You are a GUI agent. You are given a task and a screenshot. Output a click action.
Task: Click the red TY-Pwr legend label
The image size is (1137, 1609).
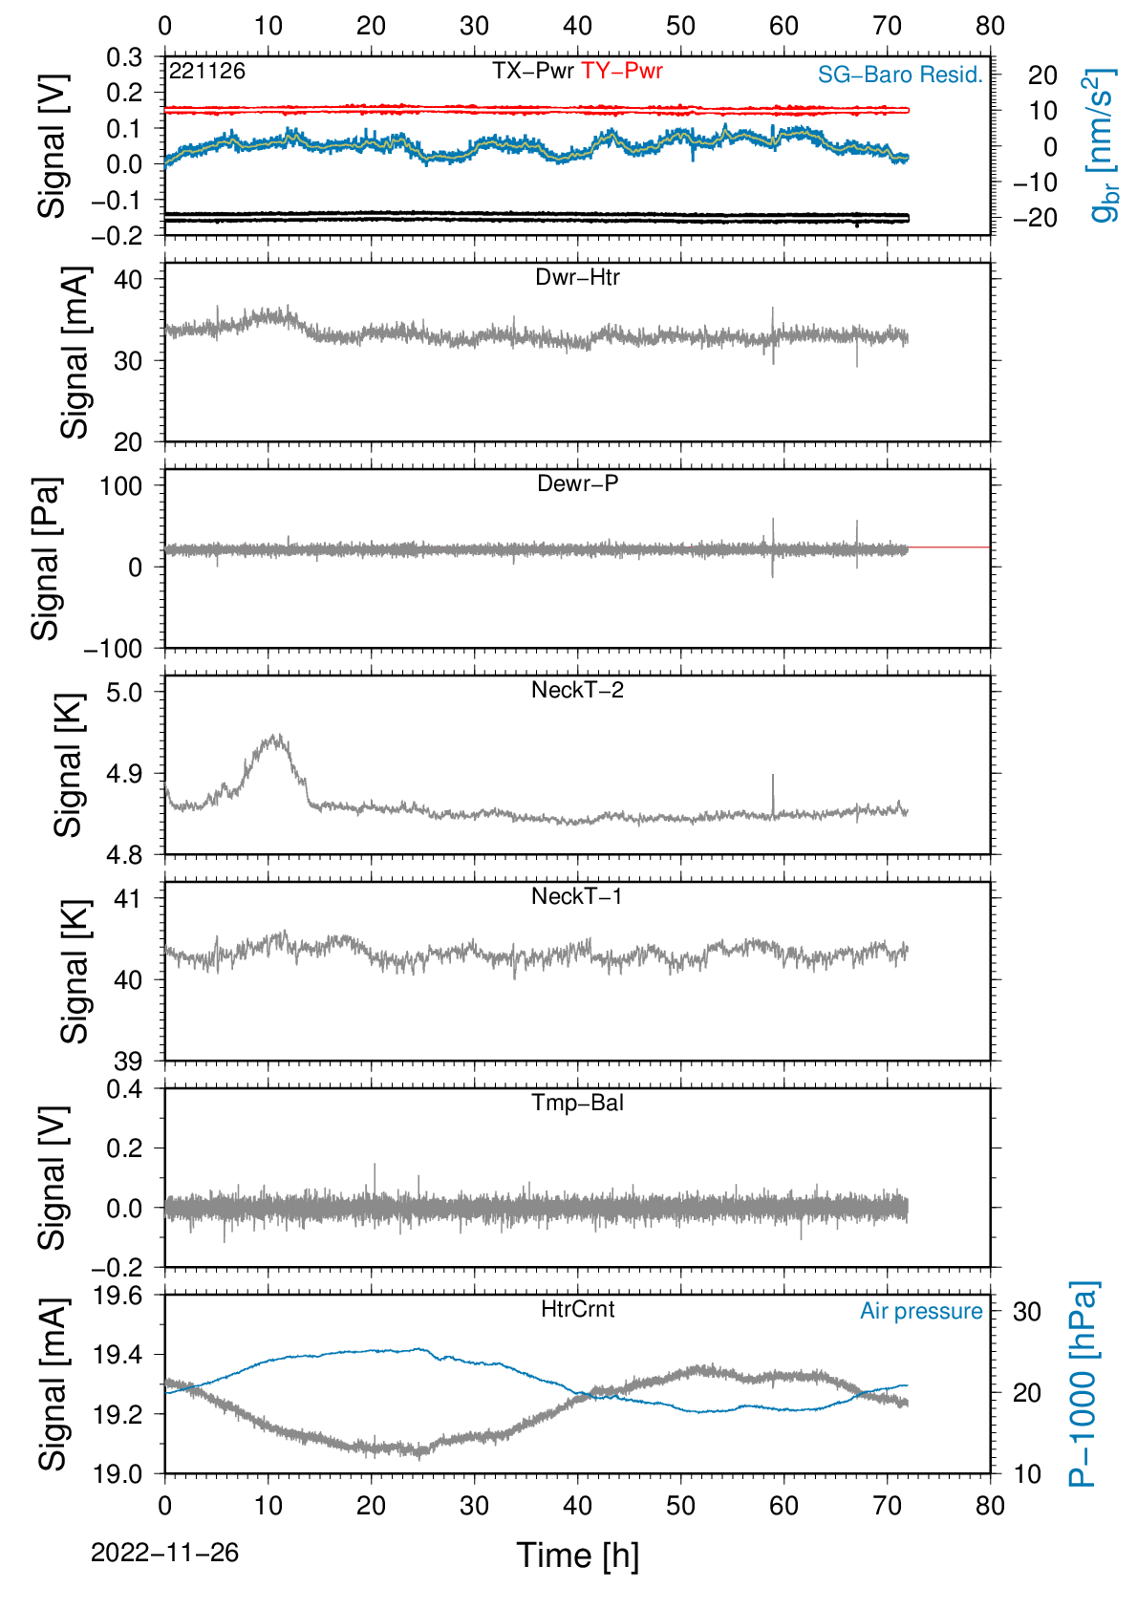[621, 71]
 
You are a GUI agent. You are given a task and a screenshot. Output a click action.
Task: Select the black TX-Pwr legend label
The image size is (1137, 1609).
[533, 71]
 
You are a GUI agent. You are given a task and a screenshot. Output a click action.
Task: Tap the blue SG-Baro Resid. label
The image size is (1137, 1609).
[900, 75]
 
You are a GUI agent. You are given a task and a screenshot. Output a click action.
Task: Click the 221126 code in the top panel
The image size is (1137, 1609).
[207, 71]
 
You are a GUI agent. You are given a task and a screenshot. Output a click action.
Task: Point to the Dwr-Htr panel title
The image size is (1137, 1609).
[577, 277]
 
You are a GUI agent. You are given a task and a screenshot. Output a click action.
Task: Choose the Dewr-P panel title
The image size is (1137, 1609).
[577, 483]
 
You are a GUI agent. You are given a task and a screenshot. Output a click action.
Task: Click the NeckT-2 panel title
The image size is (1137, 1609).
[577, 690]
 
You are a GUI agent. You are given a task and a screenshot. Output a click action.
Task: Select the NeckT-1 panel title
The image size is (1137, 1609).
[577, 895]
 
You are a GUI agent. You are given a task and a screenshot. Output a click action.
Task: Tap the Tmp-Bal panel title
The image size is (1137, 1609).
[577, 1103]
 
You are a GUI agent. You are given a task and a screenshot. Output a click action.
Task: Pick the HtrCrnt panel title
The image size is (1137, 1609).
[577, 1309]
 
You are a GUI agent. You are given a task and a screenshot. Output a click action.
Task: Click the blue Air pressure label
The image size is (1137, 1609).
[921, 1312]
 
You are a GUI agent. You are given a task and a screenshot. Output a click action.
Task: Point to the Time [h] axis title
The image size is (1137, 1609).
[577, 1555]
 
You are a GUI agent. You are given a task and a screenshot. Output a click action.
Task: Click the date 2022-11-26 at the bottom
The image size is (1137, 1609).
[164, 1553]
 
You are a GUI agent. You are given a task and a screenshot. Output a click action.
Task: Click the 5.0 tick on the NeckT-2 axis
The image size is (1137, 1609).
[124, 692]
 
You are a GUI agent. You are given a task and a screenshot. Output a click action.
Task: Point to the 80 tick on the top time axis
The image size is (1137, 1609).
[990, 26]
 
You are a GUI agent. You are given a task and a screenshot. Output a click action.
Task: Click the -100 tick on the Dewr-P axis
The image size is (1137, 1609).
[114, 649]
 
